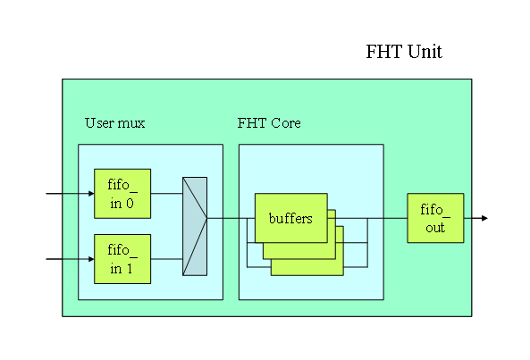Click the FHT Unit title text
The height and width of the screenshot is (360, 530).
(404, 52)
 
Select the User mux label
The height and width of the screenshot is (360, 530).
(115, 123)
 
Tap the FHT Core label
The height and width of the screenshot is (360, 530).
(269, 123)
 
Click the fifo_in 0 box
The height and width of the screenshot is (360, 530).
(122, 194)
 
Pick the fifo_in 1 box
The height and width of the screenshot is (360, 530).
(122, 259)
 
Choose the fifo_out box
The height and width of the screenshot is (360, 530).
(435, 218)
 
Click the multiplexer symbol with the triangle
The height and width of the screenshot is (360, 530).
(195, 226)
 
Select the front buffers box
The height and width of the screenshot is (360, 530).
(291, 218)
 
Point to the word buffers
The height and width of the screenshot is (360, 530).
(290, 218)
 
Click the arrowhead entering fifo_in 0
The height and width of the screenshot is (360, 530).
(91, 194)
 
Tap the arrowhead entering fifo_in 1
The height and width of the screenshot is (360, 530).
(91, 259)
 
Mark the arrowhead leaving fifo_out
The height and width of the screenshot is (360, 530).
(484, 218)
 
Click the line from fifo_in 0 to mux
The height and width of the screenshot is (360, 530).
(166, 194)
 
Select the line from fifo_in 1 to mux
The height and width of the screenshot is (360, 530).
(166, 259)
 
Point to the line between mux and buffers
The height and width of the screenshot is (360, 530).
(231, 218)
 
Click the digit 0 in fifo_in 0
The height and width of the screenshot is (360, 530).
(130, 204)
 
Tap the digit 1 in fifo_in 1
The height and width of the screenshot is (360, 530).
(130, 269)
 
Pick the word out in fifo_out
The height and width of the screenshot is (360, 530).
(435, 228)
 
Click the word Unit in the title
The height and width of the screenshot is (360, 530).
(425, 52)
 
